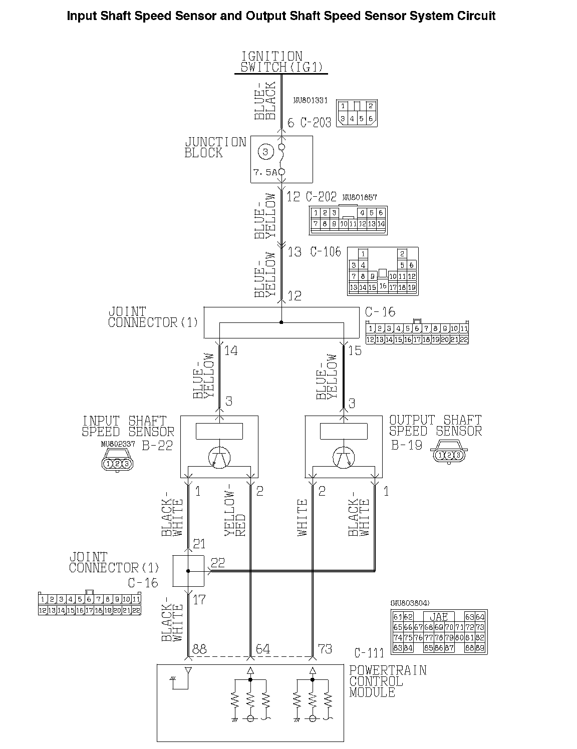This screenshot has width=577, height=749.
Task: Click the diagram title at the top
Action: (x=281, y=16)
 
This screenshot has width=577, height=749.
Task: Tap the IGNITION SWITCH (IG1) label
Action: (x=281, y=62)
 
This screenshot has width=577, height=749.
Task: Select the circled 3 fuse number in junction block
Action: (x=266, y=151)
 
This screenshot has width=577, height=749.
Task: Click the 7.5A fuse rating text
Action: (x=264, y=172)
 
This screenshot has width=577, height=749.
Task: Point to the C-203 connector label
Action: (x=316, y=123)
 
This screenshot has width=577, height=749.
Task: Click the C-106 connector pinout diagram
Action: (x=383, y=271)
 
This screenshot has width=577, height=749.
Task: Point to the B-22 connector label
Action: (x=157, y=445)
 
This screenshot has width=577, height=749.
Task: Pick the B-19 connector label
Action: (x=406, y=445)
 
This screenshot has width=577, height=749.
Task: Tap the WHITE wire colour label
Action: (x=303, y=518)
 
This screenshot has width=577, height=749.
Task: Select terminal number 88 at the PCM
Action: (x=199, y=649)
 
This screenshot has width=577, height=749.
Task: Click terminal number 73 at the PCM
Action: (x=325, y=649)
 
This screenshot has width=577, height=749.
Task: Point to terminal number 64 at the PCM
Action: (x=263, y=649)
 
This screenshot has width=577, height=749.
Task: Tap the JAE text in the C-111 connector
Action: (x=439, y=617)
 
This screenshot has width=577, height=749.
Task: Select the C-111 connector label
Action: (x=369, y=653)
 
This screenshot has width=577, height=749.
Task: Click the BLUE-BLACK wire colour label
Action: (x=265, y=101)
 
